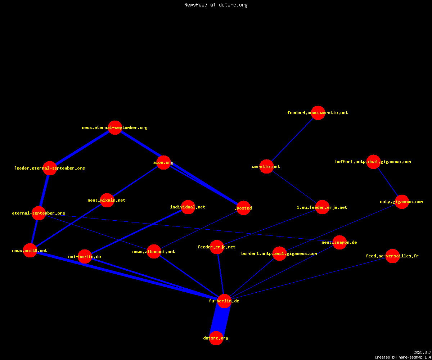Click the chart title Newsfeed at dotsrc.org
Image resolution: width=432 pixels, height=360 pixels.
[x=216, y=5]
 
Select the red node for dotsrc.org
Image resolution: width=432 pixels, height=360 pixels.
[x=216, y=338]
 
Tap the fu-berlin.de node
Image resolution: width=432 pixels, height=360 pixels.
[x=224, y=301]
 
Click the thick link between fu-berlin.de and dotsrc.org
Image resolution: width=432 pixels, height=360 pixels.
[x=220, y=320]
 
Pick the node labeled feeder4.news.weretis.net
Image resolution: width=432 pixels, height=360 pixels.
[x=318, y=113]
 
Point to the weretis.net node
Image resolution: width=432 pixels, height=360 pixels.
[x=266, y=167]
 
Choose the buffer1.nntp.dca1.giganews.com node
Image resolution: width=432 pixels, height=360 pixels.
[x=373, y=162]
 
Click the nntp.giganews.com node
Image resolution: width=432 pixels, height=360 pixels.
[x=402, y=202]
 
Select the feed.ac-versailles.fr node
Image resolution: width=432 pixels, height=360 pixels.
[x=392, y=256]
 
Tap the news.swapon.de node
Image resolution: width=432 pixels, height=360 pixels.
[x=339, y=242]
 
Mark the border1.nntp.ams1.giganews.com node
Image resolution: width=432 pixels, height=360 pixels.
[x=279, y=253]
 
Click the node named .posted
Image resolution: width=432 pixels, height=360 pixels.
[x=243, y=208]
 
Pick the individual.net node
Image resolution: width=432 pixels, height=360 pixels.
[x=188, y=207]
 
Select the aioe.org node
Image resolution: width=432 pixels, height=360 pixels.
[x=163, y=162]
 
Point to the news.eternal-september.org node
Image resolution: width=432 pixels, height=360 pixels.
[x=115, y=127]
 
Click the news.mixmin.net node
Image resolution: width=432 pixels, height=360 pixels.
[x=107, y=200]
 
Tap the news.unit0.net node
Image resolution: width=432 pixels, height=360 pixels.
[x=30, y=250]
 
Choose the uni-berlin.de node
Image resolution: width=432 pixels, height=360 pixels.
[x=85, y=257]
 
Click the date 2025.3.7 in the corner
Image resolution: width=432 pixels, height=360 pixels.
[x=422, y=352]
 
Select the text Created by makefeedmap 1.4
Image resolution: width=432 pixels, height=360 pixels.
[x=403, y=357]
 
